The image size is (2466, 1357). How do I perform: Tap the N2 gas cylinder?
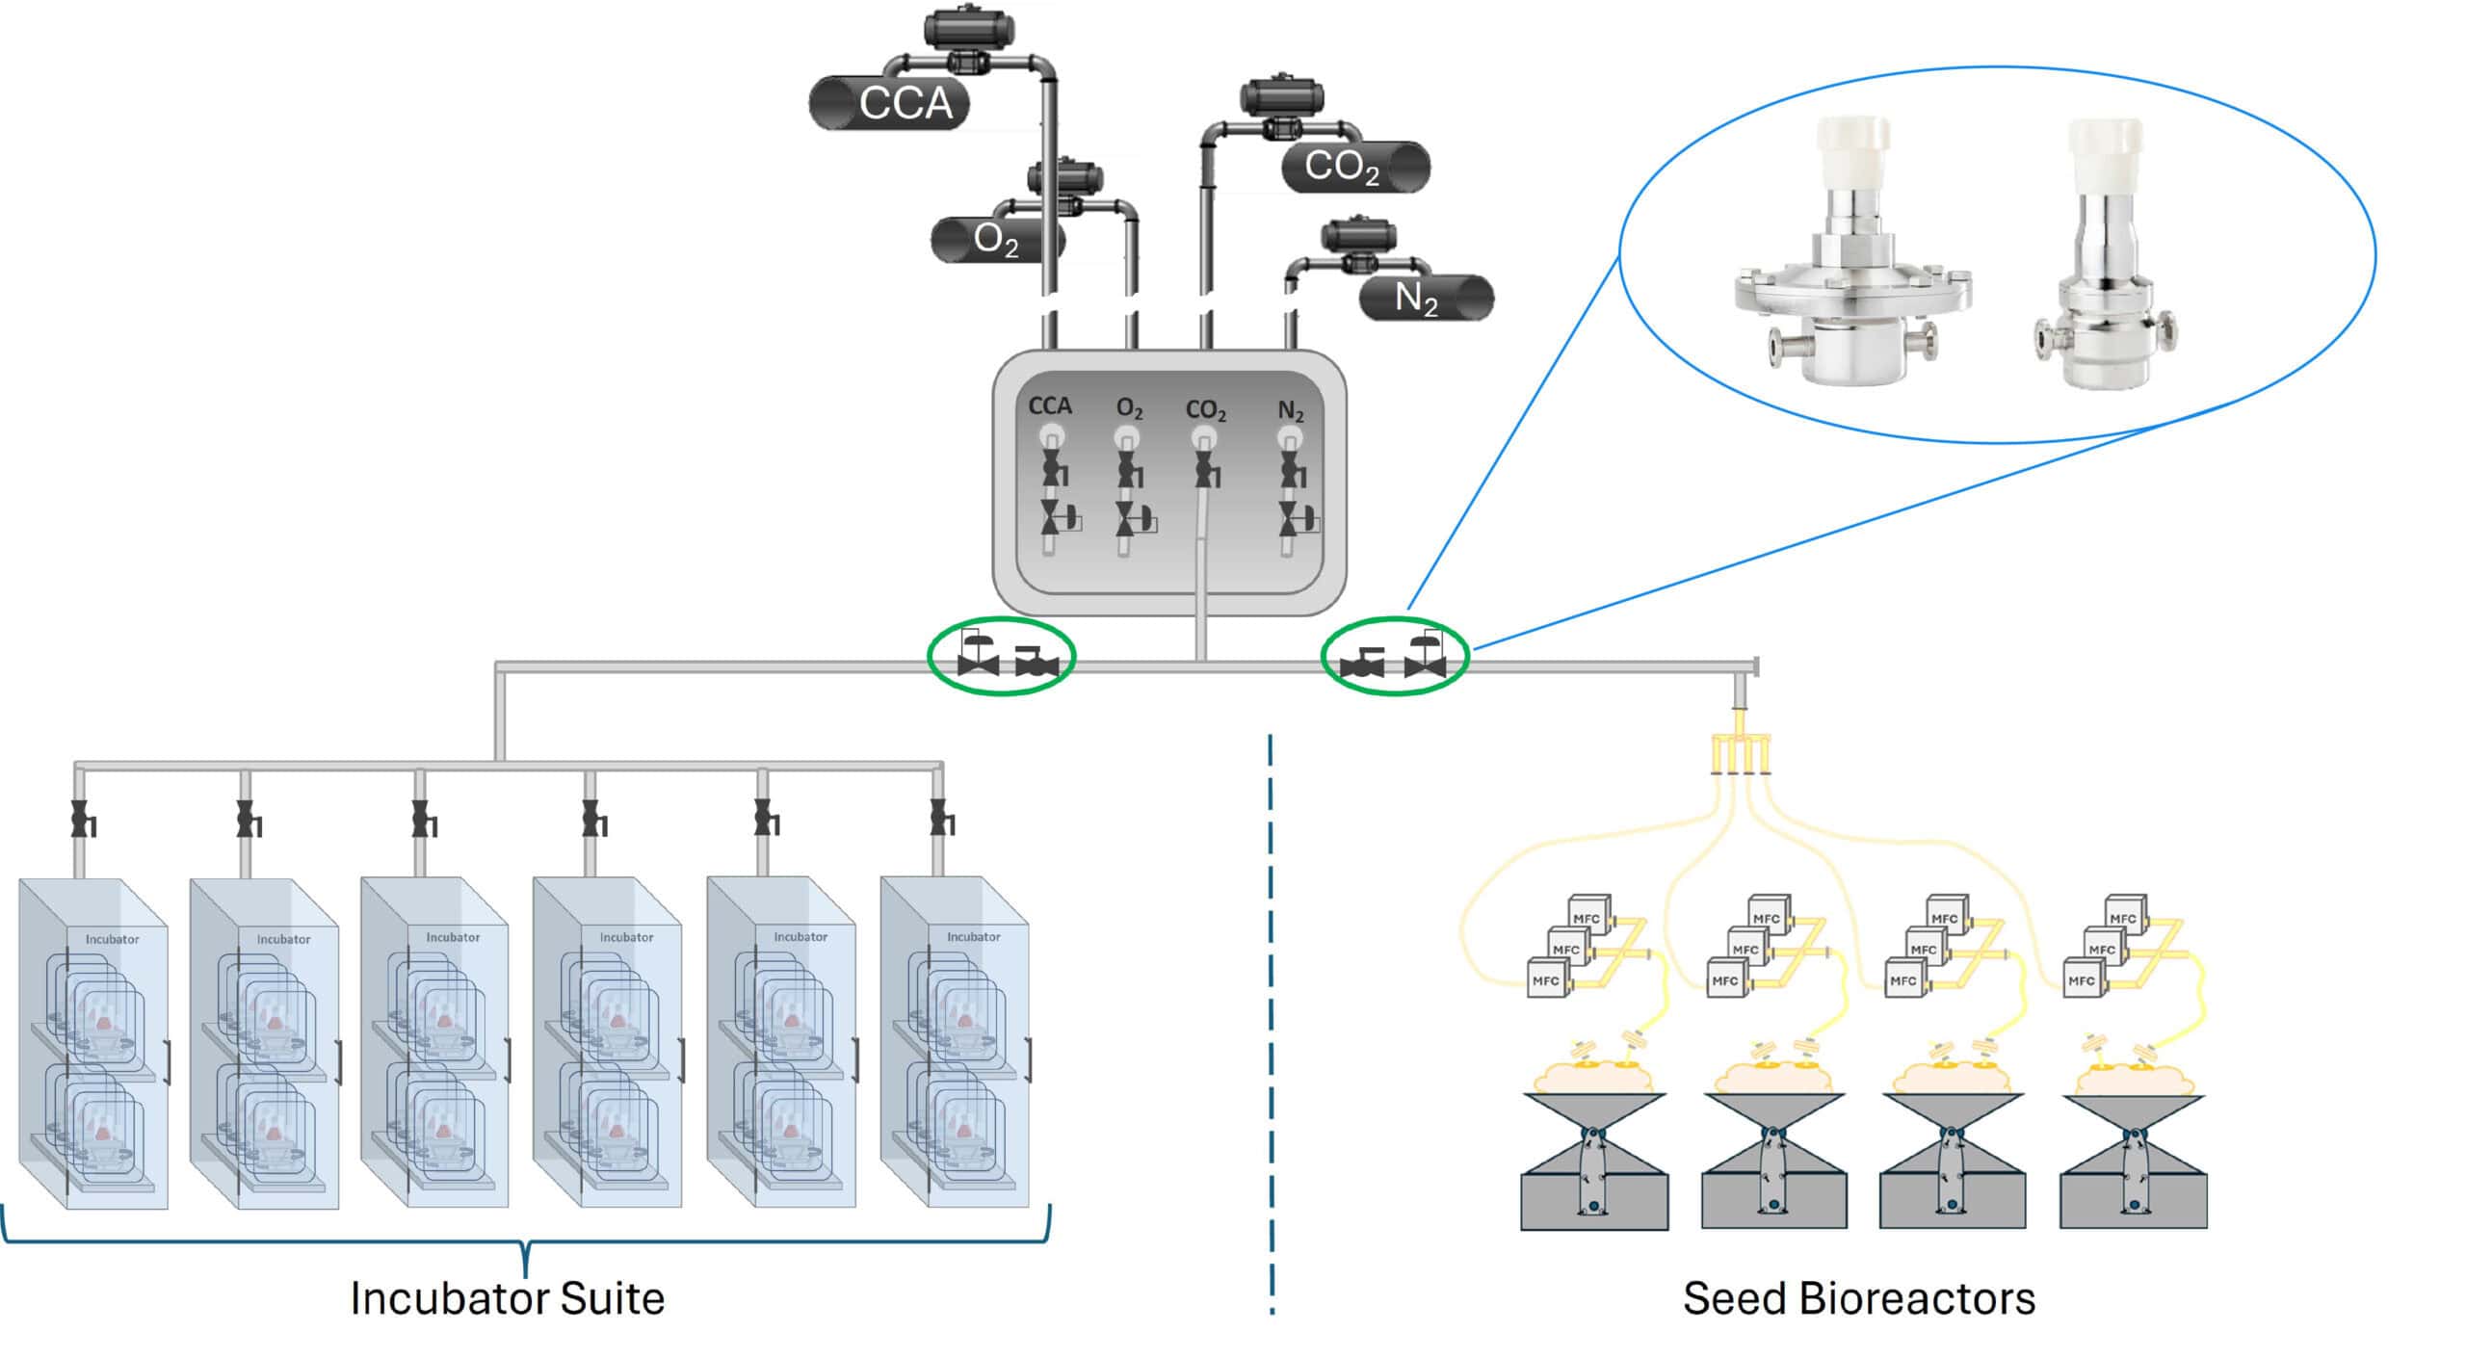point(1426,298)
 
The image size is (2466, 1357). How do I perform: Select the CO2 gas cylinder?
point(1354,167)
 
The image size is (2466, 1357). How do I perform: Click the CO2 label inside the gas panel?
point(1205,410)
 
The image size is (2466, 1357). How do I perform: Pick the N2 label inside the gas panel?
point(1290,411)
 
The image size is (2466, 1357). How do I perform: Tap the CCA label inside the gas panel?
point(1049,406)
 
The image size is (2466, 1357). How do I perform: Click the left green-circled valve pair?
point(1002,658)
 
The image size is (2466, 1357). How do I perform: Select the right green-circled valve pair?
point(1394,658)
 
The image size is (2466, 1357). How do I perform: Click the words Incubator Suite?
point(507,1298)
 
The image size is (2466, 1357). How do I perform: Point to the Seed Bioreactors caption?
point(1858,1298)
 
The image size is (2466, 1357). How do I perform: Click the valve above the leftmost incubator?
point(83,821)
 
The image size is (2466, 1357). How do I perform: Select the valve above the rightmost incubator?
point(941,819)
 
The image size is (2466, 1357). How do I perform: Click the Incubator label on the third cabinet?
point(453,937)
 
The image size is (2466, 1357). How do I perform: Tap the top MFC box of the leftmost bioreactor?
point(1586,917)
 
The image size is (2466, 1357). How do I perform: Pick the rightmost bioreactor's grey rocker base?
point(2133,1194)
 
